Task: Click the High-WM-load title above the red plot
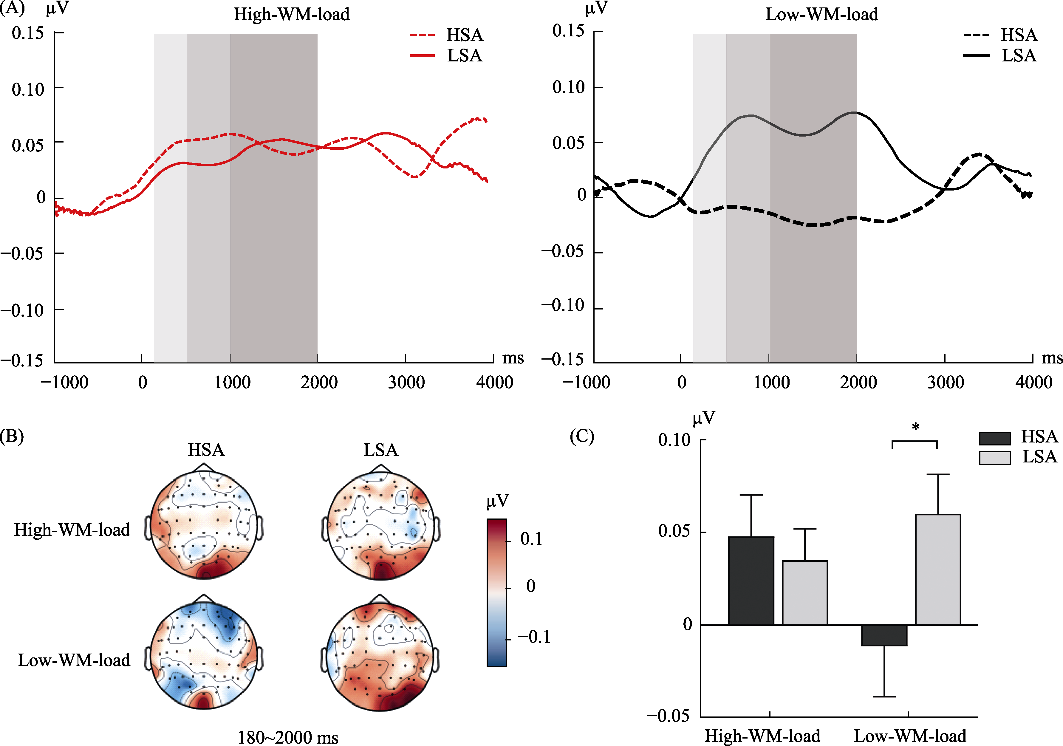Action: click(291, 14)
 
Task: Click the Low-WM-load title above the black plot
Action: click(821, 14)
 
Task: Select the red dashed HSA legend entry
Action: click(422, 35)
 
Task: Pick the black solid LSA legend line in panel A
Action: click(976, 55)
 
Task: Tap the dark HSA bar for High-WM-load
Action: click(751, 581)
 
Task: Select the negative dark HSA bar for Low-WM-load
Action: click(884, 635)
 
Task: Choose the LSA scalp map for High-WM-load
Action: click(380, 525)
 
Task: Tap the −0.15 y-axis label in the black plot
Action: click(562, 359)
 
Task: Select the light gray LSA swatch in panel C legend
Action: click(994, 457)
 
